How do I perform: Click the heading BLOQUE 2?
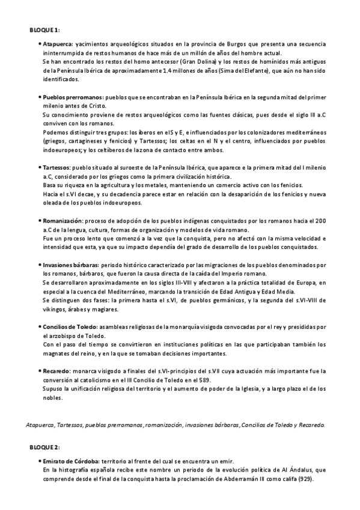[x=44, y=448]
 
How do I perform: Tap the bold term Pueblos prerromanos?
[x=72, y=97]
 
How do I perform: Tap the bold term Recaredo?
[x=56, y=372]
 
